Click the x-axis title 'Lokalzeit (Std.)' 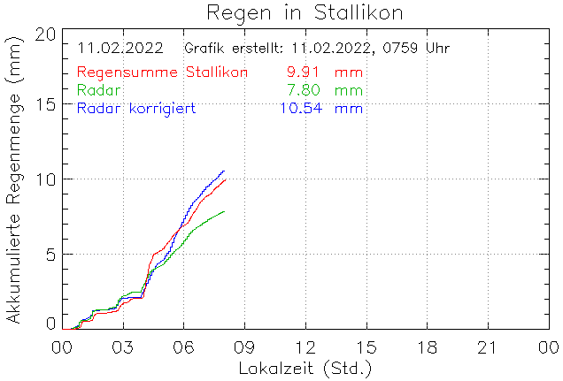(305, 367)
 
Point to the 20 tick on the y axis (46, 34)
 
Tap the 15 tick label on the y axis (46, 104)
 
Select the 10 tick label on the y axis (46, 179)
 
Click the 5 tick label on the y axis (51, 255)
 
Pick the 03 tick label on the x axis (122, 346)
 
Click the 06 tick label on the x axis (183, 346)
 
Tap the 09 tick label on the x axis (244, 346)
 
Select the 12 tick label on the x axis (305, 346)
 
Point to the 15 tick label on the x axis (366, 346)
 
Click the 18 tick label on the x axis (427, 346)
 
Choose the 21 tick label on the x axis (487, 346)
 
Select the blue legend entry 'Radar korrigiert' (136, 109)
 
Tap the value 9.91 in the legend (304, 72)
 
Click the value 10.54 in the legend (300, 109)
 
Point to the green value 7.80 (304, 90)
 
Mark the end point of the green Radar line (224, 211)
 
